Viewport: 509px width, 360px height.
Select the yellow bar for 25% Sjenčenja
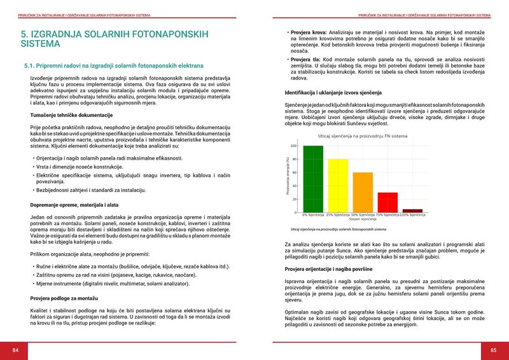pos(337,186)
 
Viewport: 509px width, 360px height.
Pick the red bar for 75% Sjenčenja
pos(387,202)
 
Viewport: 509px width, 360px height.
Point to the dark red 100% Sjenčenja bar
pos(412,211)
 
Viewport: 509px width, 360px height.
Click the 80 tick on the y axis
pos(294,159)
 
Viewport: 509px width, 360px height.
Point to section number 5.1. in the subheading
pos(31,66)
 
